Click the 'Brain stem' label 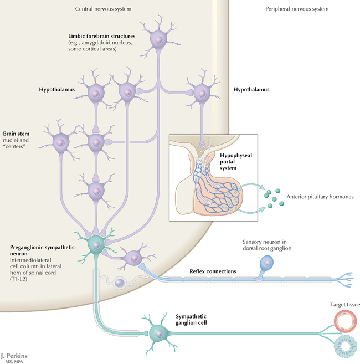pyautogui.click(x=16, y=134)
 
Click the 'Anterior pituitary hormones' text pyautogui.click(x=319, y=197)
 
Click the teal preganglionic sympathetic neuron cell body pyautogui.click(x=97, y=244)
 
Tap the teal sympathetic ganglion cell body pyautogui.click(x=160, y=333)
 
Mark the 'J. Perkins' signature pyautogui.click(x=14, y=353)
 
